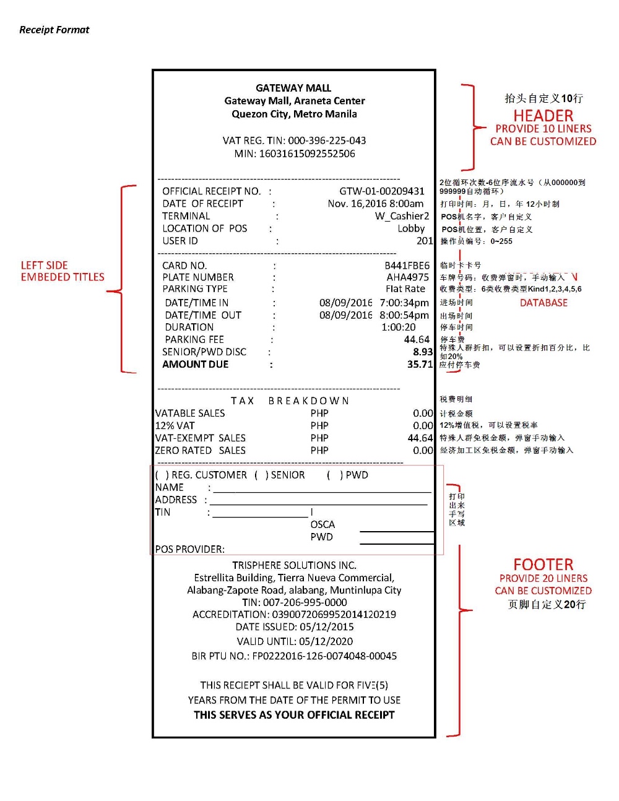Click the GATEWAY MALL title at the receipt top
point(293,88)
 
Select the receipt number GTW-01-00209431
point(382,191)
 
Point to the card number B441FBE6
point(407,266)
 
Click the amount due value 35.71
point(420,365)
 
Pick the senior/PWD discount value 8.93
point(423,352)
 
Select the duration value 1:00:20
point(399,327)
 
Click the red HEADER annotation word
point(543,116)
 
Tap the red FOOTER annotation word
point(543,565)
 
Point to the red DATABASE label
point(543,303)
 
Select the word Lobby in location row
point(411,228)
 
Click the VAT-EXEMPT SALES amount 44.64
point(420,438)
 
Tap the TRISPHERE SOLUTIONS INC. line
point(294,565)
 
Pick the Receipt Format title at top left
point(54,30)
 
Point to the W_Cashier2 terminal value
point(402,216)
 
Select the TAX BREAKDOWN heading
point(290,401)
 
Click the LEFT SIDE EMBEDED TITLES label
point(63,271)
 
